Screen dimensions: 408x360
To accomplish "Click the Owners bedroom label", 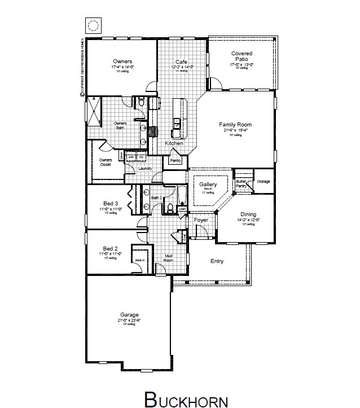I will tap(122, 61).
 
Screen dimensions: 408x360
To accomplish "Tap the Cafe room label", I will tap(181, 62).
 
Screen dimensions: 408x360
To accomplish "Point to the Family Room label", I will tap(235, 125).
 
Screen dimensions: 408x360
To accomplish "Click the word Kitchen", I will tap(174, 144).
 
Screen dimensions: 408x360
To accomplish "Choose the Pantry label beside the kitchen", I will tap(175, 161).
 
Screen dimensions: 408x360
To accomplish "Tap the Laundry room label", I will tap(146, 168).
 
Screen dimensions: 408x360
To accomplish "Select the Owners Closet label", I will tap(106, 162).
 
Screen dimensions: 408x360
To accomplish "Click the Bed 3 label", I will tap(111, 203).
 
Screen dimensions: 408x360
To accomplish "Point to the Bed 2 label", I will tap(110, 248).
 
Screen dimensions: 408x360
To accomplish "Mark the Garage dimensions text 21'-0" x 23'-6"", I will tap(129, 320).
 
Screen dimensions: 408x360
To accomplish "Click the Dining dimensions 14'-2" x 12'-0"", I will tap(248, 220).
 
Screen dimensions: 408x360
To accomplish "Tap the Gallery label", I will tap(208, 185).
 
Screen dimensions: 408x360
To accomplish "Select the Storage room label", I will tap(264, 182).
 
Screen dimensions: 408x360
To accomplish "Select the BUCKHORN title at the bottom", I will tap(186, 398).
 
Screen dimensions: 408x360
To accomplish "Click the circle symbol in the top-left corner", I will tap(92, 25).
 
